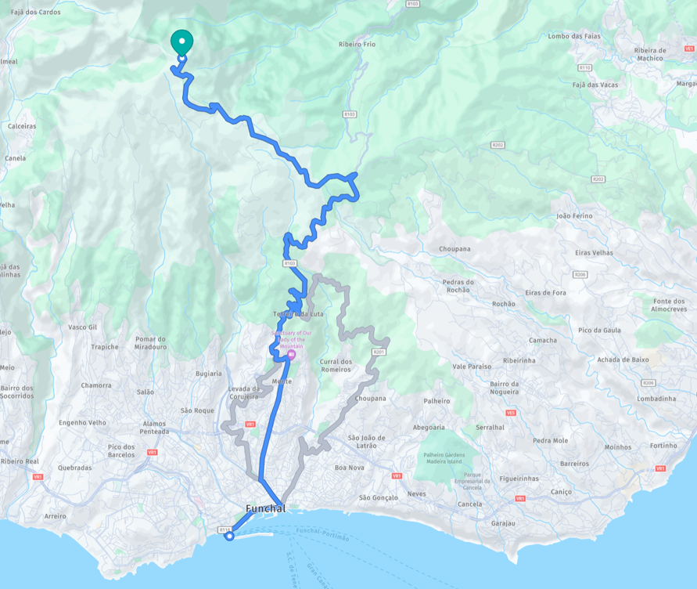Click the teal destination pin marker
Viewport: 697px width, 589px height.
point(181,41)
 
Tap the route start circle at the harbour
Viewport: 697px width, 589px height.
point(229,536)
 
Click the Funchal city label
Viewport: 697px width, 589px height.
point(265,508)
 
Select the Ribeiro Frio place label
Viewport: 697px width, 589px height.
point(357,45)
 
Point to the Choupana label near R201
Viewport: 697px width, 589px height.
point(370,398)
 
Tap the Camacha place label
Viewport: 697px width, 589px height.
point(543,340)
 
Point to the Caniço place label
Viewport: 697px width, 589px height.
point(561,492)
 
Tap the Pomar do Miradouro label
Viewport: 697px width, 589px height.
point(150,342)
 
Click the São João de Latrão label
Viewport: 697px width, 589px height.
point(363,442)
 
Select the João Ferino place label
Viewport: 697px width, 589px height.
point(574,215)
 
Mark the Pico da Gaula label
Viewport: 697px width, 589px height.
point(599,330)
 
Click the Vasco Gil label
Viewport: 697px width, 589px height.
point(83,327)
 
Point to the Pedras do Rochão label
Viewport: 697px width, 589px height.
point(458,286)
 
